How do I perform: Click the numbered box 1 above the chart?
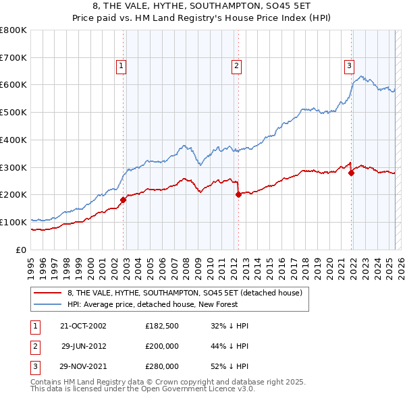(120, 65)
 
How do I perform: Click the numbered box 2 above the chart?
(237, 65)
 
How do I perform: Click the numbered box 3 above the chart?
(349, 65)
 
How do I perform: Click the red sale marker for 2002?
(124, 200)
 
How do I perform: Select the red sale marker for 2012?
(238, 194)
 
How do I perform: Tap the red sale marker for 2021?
(351, 173)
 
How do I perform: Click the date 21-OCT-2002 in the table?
(84, 326)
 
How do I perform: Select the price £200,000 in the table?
(162, 346)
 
